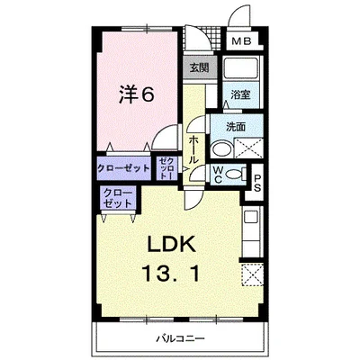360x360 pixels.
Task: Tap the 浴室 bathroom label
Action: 238,94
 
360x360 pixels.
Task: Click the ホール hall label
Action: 194,142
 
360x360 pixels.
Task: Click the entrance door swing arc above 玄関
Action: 197,43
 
